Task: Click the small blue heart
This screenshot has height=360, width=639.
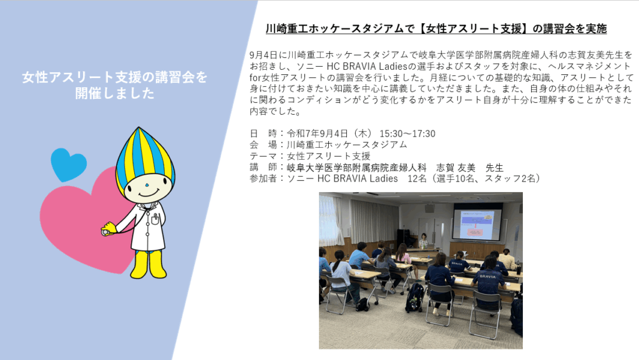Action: [x=69, y=164]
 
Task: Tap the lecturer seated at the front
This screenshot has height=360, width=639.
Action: [x=424, y=240]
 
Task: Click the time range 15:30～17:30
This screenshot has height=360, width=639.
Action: [x=407, y=134]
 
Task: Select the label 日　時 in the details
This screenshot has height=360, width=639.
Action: [x=263, y=134]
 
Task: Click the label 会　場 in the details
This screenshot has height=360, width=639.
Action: [x=263, y=145]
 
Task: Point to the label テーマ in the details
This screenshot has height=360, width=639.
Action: [x=263, y=156]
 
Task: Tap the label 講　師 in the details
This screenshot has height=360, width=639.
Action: [x=263, y=167]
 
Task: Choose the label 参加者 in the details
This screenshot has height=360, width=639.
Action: [x=263, y=178]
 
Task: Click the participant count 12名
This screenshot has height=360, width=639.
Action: [x=417, y=178]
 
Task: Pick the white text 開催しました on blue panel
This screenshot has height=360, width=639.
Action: [x=115, y=93]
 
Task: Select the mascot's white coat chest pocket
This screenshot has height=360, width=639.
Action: [x=155, y=220]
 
